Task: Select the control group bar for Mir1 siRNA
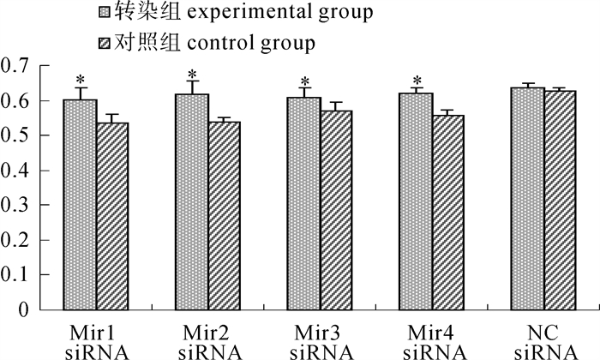[x=112, y=215]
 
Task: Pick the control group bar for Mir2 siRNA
[x=225, y=215]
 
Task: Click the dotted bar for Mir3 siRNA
[x=304, y=203]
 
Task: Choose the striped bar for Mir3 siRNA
[x=337, y=210]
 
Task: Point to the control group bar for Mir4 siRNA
[x=448, y=213]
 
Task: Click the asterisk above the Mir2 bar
[x=192, y=74]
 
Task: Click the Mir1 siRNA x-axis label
[x=96, y=341]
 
